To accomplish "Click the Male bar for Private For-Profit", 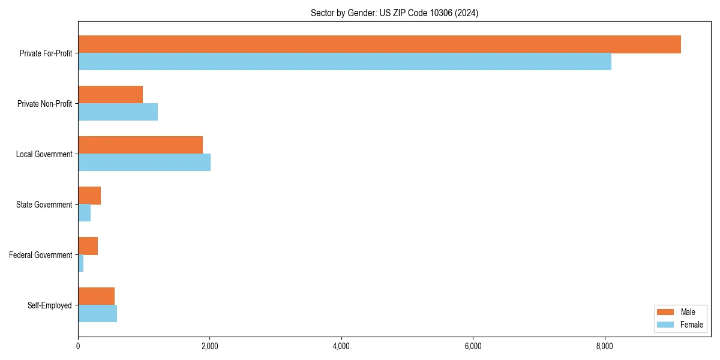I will tap(379, 44).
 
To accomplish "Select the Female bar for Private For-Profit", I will tap(344, 62).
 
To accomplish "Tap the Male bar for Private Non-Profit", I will tap(110, 95).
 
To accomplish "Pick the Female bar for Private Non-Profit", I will tap(118, 112).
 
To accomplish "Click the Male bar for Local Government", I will tap(140, 145).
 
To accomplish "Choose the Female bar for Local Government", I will tap(144, 163).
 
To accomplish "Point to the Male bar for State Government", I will tap(89, 196).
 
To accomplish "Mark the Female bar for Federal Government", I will tap(81, 263).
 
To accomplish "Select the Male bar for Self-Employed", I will tap(96, 296).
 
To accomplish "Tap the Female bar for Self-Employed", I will tap(97, 314).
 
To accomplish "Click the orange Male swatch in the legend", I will tap(666, 312).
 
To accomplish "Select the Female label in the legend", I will tap(691, 325).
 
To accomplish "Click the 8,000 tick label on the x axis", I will tap(605, 346).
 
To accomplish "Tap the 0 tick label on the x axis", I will tap(78, 346).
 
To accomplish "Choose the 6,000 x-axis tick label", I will tap(473, 346).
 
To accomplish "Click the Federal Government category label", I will tap(40, 255).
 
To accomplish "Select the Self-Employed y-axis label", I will tap(49, 305).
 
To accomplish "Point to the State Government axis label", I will tap(44, 205).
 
